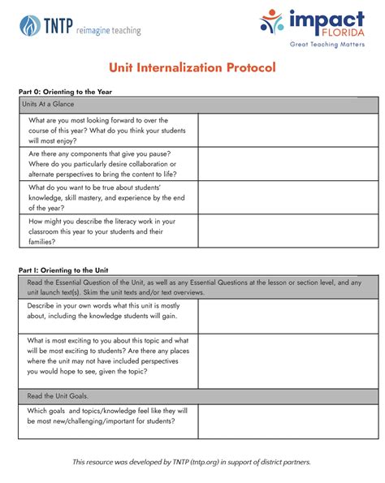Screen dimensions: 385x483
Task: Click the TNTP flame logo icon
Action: tap(30, 25)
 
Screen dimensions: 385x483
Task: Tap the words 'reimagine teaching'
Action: tap(108, 31)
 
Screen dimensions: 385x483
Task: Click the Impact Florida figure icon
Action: tap(272, 22)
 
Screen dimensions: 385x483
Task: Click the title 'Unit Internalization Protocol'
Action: tap(193, 67)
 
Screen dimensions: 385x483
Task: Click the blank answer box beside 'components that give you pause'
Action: tap(288, 163)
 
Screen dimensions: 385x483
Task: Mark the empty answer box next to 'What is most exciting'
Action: tap(288, 360)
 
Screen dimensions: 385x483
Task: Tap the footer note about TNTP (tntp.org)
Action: tap(192, 462)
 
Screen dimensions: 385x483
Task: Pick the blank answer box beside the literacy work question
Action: tap(288, 231)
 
